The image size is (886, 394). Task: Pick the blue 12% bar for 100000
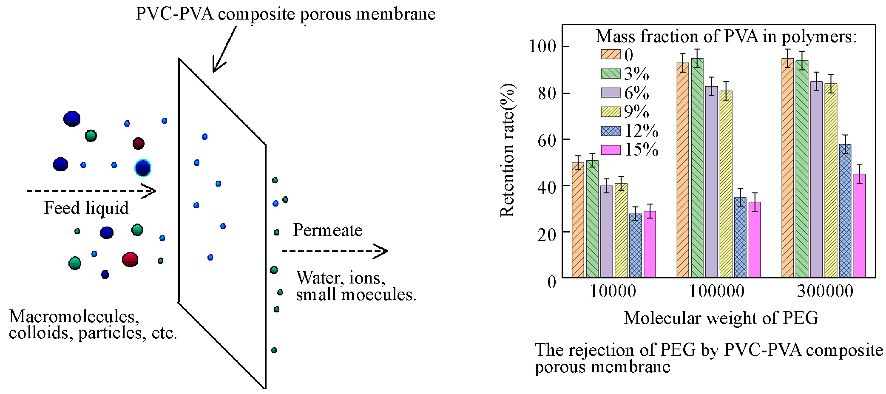point(740,238)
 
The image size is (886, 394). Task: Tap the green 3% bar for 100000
point(697,168)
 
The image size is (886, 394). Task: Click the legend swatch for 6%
point(611,93)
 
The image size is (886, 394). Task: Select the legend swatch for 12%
point(611,130)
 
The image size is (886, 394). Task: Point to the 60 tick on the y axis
point(547,140)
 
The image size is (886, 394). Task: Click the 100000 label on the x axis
point(716,291)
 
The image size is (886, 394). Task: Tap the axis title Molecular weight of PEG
point(721,318)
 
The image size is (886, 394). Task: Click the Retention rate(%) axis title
point(507,150)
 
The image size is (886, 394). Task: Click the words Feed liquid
point(86,208)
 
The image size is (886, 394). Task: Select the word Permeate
point(327,230)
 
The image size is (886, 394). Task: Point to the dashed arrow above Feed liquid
point(91,191)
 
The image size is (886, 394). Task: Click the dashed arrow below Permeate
point(334,251)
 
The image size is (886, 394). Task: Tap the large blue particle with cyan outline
point(143,168)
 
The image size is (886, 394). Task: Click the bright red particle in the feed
point(130,259)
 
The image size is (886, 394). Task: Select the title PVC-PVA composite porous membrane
point(285,14)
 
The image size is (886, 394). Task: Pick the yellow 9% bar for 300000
point(830,181)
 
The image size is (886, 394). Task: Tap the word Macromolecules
point(74,317)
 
